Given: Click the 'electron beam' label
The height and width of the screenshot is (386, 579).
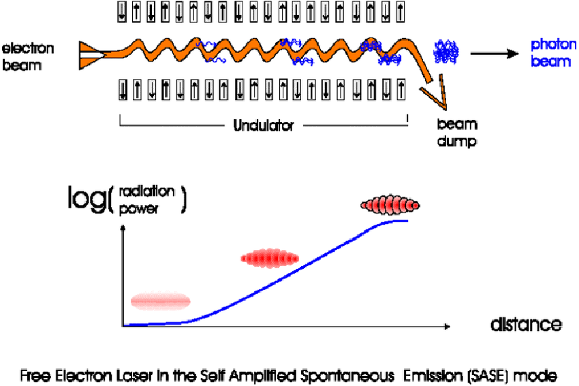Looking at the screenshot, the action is (x=28, y=57).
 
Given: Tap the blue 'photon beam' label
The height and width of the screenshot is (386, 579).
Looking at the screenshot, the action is (x=554, y=53).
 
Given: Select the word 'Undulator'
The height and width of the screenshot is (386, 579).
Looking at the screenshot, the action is (x=264, y=126).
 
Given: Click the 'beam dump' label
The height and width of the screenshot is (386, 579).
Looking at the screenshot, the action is (x=457, y=133).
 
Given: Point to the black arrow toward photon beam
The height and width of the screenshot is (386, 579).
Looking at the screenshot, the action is (x=495, y=54).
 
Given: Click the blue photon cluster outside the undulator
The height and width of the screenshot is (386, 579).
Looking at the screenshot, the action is (x=446, y=52).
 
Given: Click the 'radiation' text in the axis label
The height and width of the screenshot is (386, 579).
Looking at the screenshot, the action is (x=146, y=191).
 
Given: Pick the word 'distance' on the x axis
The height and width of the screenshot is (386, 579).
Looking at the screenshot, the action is (x=526, y=324).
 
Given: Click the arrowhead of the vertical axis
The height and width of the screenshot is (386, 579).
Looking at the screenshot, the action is (x=123, y=227).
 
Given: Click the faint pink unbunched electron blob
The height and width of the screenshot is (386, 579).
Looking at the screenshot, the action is (x=161, y=301).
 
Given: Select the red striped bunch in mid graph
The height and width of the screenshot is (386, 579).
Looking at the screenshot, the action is (x=270, y=258).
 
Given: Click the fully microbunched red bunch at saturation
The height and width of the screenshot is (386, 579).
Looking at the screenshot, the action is (x=390, y=205).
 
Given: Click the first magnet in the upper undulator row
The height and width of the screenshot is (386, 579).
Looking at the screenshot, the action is (x=122, y=12).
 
